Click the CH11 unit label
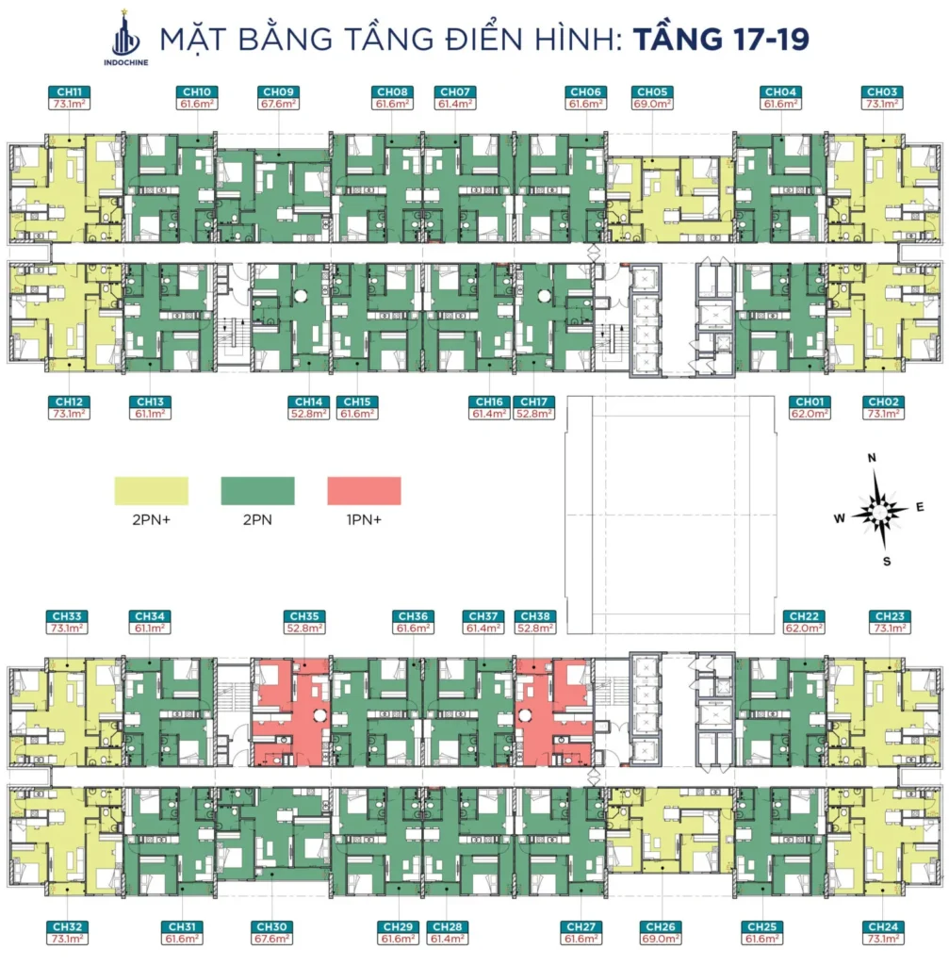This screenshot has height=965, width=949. (x=70, y=91)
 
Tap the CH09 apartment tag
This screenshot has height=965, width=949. (x=278, y=91)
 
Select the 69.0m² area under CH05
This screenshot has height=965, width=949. (x=652, y=104)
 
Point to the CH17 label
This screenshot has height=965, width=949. (x=533, y=401)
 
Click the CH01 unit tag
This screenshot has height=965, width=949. (x=810, y=401)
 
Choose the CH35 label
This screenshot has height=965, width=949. (x=304, y=616)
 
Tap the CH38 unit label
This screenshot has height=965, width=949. (x=535, y=616)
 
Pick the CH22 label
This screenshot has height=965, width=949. (x=805, y=616)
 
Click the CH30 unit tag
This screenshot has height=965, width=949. (x=272, y=927)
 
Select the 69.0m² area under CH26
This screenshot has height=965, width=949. (x=661, y=940)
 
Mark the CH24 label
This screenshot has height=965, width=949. (x=883, y=927)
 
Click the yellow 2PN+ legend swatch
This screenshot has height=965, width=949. (x=152, y=491)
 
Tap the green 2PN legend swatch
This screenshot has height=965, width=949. (x=258, y=491)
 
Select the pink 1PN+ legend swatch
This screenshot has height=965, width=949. (x=365, y=491)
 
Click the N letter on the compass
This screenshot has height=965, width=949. (x=872, y=458)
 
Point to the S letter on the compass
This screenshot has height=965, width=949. (x=887, y=562)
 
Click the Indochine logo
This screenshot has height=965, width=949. (x=126, y=37)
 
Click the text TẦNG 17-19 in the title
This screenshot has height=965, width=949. (x=721, y=39)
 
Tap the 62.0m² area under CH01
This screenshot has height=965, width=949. (x=810, y=414)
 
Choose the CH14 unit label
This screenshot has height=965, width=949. (x=308, y=401)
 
